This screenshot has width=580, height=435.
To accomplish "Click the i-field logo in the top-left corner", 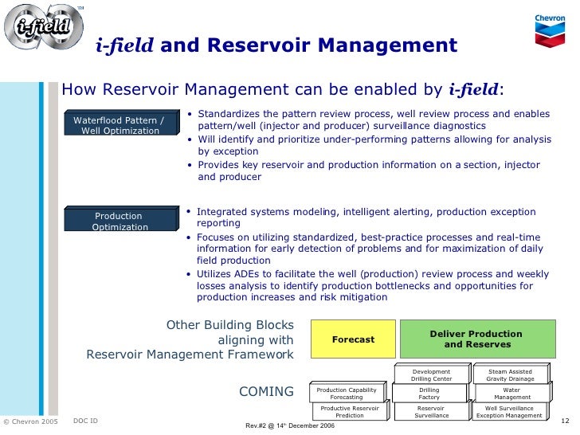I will tap(43, 29).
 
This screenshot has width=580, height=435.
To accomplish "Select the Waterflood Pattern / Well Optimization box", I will tap(119, 125).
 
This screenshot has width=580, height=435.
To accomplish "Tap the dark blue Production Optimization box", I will tap(119, 221).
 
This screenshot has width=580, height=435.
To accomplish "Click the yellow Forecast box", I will tap(352, 339).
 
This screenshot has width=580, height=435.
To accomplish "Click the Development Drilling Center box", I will tap(431, 374).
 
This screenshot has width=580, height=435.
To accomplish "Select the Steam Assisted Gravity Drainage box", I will tap(510, 374).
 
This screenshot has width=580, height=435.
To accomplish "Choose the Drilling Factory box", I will tap(429, 393).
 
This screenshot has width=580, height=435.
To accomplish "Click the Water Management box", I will tap(511, 393).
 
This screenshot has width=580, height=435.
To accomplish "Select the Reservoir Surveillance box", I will tap(431, 411).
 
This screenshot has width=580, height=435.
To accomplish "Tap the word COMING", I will tap(266, 391).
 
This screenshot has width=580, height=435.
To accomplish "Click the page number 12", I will tap(566, 420).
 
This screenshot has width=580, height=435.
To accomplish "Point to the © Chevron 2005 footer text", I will tap(30, 421).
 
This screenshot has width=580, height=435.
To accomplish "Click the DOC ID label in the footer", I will tap(84, 420).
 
